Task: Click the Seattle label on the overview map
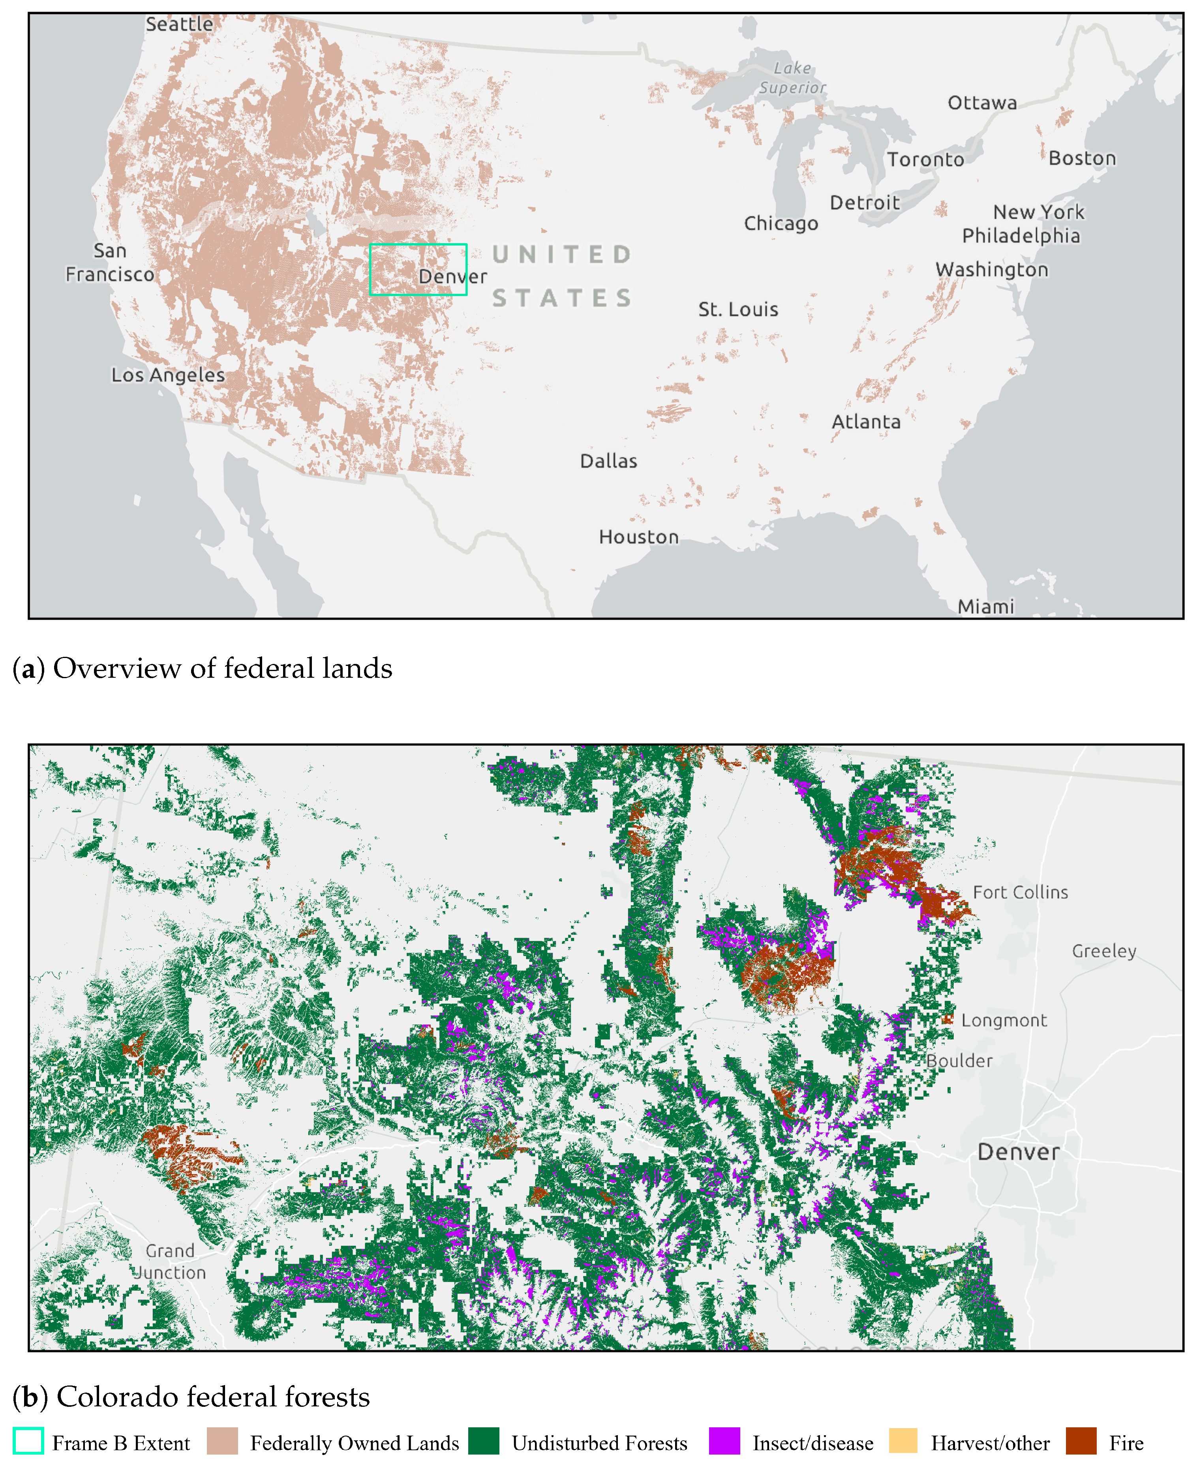(179, 24)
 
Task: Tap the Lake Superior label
(792, 77)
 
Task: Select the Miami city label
(985, 606)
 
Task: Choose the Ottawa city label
(981, 103)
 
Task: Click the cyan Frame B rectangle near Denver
(418, 244)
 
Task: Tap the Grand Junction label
(169, 1261)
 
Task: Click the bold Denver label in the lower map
(1018, 1152)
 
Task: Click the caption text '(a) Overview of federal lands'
(203, 668)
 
